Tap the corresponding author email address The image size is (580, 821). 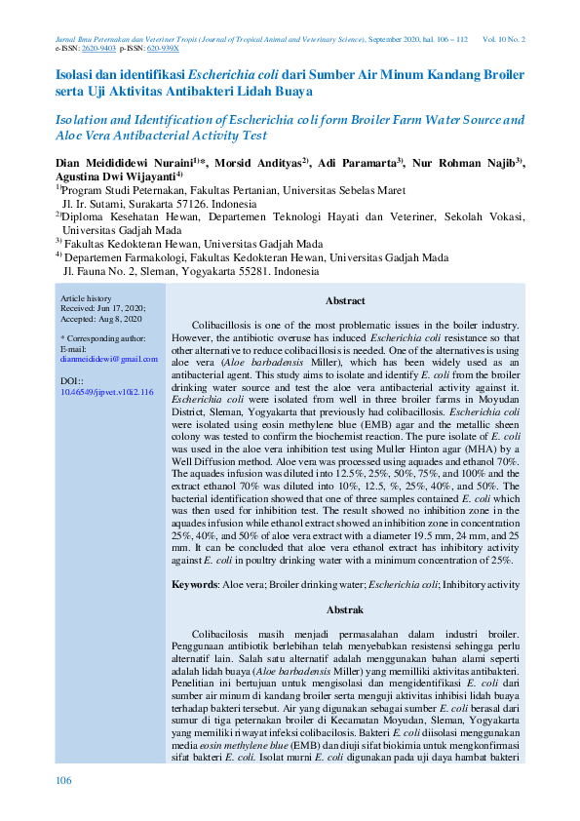[x=102, y=359]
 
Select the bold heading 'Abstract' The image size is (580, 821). [x=345, y=301]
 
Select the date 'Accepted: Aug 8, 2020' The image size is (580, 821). [x=101, y=318]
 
